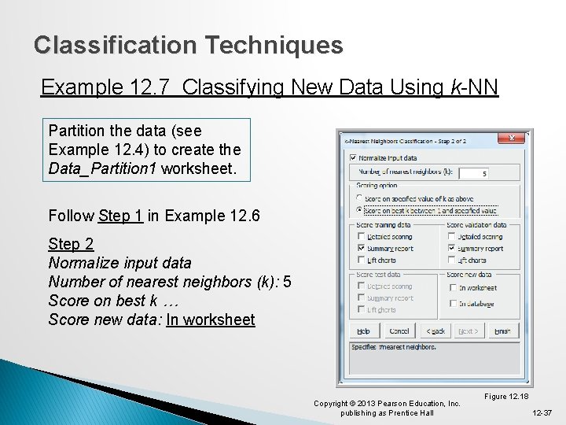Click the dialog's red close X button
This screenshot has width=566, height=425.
[x=512, y=138]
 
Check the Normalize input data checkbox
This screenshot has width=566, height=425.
[x=353, y=157]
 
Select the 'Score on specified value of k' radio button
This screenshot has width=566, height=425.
[x=360, y=198]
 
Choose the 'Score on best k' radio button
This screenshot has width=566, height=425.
[x=360, y=210]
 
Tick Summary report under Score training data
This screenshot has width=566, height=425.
[x=361, y=248]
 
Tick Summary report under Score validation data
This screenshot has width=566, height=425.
[x=451, y=248]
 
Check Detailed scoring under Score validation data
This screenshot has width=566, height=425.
[x=451, y=236]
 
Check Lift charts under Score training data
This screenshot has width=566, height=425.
[x=361, y=260]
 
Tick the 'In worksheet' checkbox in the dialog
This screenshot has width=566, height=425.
[x=454, y=288]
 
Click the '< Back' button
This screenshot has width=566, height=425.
[x=435, y=331]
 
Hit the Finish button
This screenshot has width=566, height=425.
[x=502, y=331]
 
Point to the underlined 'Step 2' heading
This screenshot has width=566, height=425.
[x=71, y=244]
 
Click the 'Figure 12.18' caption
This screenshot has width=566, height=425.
[x=506, y=396]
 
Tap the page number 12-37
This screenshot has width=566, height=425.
[x=542, y=412]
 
